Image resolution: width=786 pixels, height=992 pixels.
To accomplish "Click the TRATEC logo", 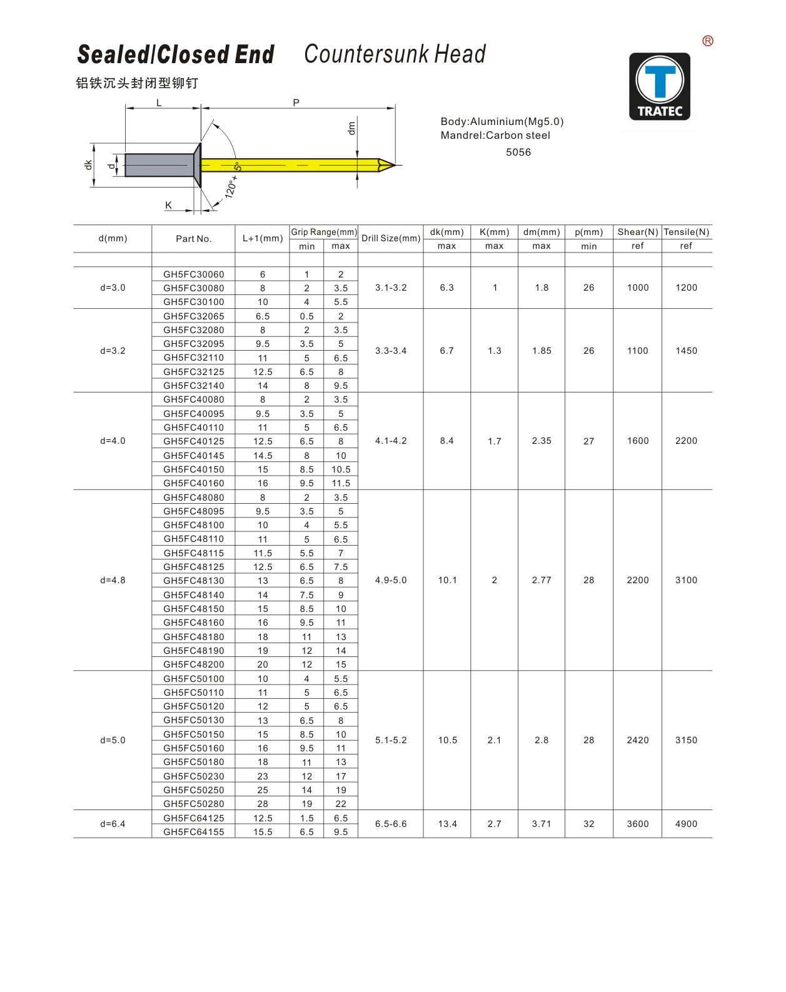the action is coord(660,86).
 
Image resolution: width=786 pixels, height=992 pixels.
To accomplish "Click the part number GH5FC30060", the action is coord(194,274).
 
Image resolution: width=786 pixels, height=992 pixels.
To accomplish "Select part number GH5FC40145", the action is coord(194,456).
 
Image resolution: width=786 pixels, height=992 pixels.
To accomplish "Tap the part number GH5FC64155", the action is coord(194,832).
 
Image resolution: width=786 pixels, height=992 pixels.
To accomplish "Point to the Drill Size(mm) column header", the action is coord(391,238).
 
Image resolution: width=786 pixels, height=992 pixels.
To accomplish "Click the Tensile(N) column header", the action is coord(687,232).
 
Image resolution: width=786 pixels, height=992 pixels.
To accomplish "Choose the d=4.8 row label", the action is coord(113,580).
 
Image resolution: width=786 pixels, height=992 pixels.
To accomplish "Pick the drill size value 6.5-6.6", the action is coord(391,824).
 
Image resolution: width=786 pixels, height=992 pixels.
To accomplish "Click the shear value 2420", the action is coord(637,740).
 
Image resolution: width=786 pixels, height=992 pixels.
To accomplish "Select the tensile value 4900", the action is coord(687,824).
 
